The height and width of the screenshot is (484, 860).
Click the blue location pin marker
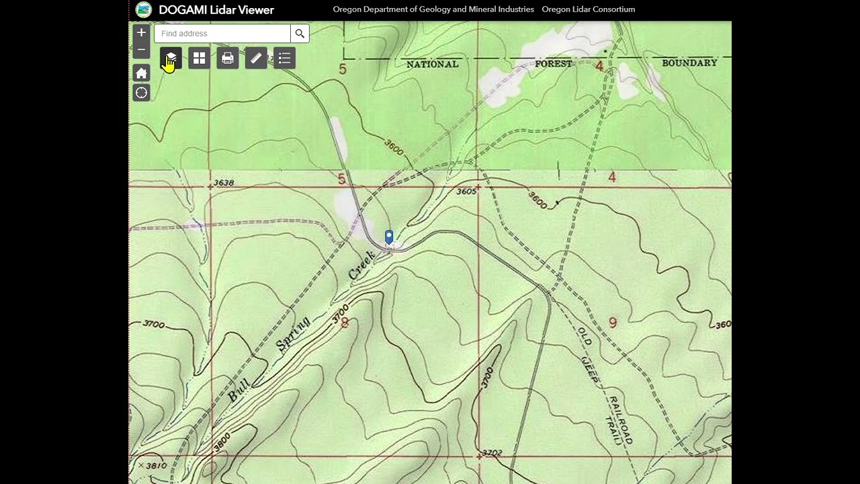coord(388,236)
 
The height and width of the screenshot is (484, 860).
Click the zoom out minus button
coord(141,50)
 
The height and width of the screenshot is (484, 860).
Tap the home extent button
coord(141,73)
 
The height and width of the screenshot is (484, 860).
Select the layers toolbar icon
coord(171,58)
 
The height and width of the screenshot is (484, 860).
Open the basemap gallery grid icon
coord(200,58)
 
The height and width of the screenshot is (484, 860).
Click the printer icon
coord(228,58)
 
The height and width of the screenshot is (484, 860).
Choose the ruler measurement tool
coord(256,58)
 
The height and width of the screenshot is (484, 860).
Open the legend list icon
coord(284,58)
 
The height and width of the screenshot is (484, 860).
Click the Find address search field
coord(222,34)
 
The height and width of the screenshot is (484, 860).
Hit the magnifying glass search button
coord(300,34)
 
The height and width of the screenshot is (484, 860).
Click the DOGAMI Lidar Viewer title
coord(216,10)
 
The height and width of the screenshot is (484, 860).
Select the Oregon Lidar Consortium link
coord(588,9)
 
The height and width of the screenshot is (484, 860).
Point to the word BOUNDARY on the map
coord(689,63)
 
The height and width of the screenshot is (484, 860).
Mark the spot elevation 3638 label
coord(223,183)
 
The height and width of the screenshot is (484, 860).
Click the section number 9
coord(612,323)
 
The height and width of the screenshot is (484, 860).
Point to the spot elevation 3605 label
coord(466,192)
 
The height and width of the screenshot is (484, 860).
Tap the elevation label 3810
coord(156,465)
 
